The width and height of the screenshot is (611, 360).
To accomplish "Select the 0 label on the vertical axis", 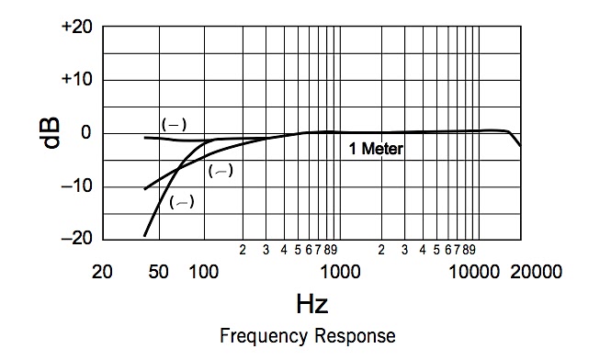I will [85, 133].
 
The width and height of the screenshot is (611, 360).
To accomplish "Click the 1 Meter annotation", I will [375, 149].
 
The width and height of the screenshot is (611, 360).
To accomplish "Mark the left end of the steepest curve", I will [144, 236].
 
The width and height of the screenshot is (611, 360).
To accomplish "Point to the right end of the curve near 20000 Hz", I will [520, 145].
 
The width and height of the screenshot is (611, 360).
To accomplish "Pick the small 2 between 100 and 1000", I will [243, 249].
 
